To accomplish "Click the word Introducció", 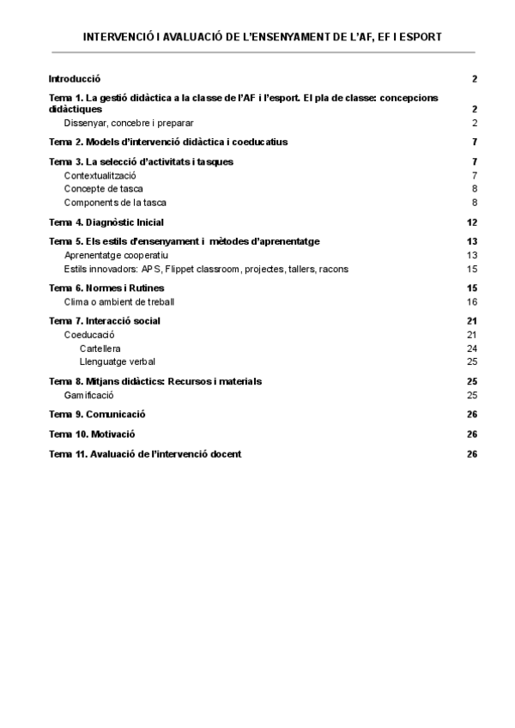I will pyautogui.click(x=75, y=78).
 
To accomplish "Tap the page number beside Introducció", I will pyautogui.click(x=475, y=78).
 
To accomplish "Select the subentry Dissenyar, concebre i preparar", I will pyautogui.click(x=128, y=123).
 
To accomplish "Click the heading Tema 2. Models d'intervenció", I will pyautogui.click(x=168, y=142).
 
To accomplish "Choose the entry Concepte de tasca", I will pyautogui.click(x=103, y=189).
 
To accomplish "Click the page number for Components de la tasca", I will pyautogui.click(x=475, y=203).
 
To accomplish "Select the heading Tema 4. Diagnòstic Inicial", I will pyautogui.click(x=106, y=222).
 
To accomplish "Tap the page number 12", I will pyautogui.click(x=472, y=222).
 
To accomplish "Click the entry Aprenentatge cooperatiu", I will pyautogui.click(x=116, y=255).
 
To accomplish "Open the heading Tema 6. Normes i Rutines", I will pyautogui.click(x=106, y=288).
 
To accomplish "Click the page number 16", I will pyautogui.click(x=472, y=301).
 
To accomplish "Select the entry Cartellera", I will pyautogui.click(x=100, y=349).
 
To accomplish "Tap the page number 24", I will pyautogui.click(x=472, y=349).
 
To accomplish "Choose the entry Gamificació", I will pyautogui.click(x=88, y=395).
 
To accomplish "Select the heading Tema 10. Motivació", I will pyautogui.click(x=92, y=434).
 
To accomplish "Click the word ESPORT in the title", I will pyautogui.click(x=421, y=38).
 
